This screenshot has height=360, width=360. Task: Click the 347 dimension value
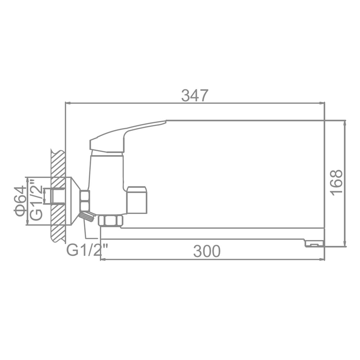pos(195,95)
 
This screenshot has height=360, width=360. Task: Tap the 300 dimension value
pos(207,251)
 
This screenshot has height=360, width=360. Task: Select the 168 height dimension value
pos(337,183)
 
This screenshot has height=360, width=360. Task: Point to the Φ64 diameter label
pos(19,201)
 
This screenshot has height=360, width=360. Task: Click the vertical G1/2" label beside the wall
pos(36,199)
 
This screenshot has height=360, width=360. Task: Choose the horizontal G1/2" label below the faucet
pos(87,250)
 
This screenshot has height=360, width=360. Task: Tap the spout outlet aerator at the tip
pos(314,244)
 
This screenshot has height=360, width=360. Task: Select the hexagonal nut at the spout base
pos(111,221)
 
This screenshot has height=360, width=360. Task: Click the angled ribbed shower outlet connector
pos(87,216)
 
